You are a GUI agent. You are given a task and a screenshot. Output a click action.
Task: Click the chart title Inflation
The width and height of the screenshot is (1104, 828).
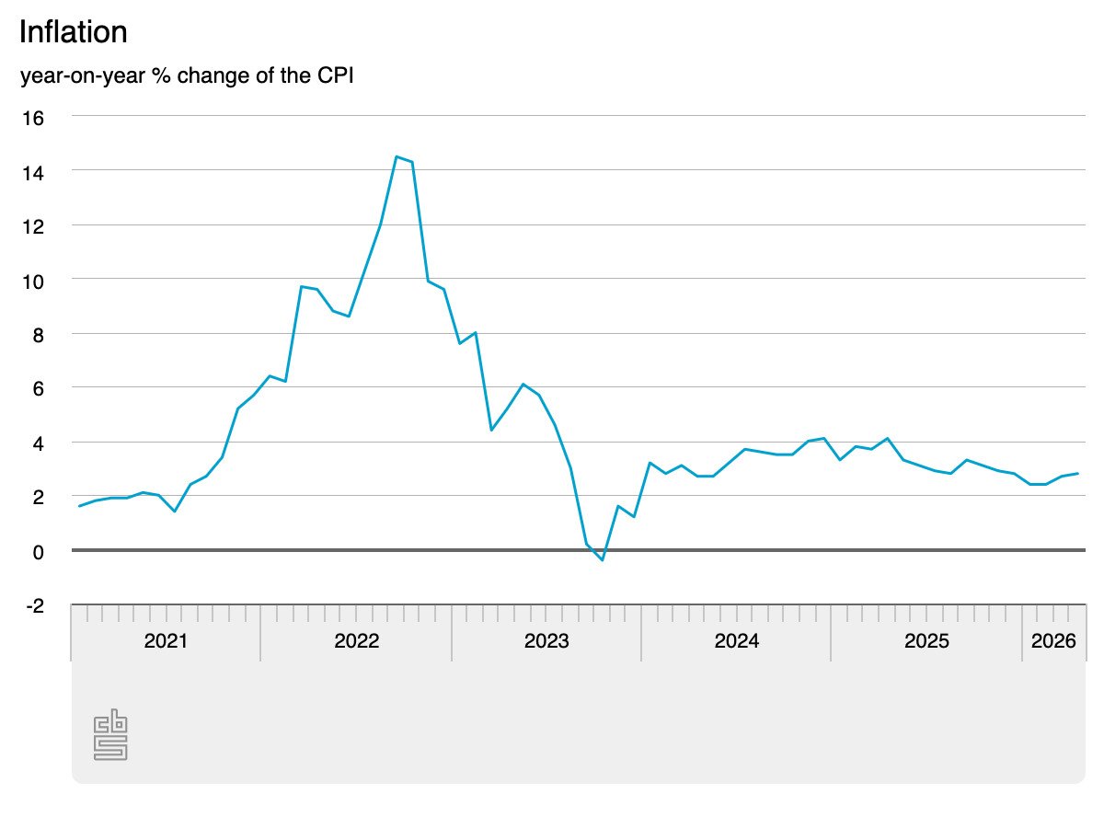click(73, 32)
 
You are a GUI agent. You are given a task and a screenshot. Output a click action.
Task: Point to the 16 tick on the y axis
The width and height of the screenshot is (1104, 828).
click(33, 117)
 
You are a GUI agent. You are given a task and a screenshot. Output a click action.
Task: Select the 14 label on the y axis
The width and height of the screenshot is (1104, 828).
click(33, 171)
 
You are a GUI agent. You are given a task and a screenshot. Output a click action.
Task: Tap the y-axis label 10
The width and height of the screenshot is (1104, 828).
click(33, 280)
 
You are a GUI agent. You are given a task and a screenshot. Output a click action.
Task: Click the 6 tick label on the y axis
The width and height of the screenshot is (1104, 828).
click(39, 388)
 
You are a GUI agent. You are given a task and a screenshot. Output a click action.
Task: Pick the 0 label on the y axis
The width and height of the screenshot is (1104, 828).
click(39, 551)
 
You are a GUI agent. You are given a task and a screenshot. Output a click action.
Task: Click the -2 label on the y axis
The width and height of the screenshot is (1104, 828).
click(35, 605)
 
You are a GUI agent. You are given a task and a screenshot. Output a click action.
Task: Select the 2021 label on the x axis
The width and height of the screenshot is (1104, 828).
click(166, 641)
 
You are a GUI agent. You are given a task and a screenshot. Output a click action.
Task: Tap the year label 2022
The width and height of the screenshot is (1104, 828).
click(357, 641)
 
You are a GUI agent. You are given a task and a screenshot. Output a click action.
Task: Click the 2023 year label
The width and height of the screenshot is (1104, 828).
click(546, 641)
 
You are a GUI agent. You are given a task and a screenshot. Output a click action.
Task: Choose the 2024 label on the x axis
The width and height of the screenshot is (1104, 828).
click(736, 641)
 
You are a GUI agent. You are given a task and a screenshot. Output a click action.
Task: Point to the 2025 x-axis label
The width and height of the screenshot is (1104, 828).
click(926, 641)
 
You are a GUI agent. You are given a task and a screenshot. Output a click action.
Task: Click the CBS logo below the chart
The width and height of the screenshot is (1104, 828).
click(110, 734)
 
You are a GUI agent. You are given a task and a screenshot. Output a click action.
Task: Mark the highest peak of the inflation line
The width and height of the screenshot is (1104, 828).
click(397, 156)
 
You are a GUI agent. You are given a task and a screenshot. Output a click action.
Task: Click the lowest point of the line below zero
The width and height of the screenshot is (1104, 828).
click(603, 560)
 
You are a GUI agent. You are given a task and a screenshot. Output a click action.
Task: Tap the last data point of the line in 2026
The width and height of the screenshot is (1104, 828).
click(1077, 474)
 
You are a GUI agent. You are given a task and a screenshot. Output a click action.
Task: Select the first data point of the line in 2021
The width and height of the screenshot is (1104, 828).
click(80, 506)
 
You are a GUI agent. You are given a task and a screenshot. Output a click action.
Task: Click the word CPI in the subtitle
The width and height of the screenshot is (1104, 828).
click(335, 75)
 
